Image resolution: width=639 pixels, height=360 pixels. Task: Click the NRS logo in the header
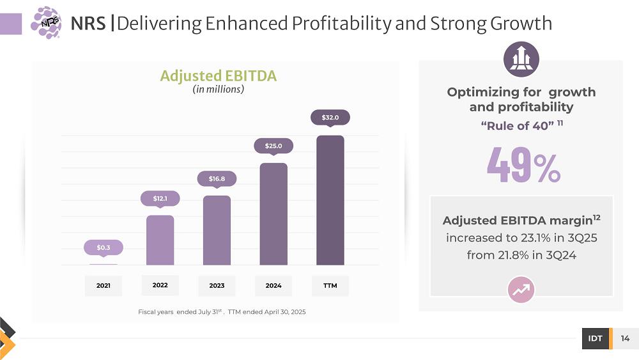coord(46,23)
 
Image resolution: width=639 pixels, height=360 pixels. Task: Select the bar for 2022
coord(160,240)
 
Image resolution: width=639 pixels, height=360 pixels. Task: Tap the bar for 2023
coord(217,230)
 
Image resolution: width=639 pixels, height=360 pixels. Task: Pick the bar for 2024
coord(273,214)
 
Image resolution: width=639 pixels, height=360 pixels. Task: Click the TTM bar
coord(330,200)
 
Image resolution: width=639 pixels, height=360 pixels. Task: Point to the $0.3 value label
coord(104,247)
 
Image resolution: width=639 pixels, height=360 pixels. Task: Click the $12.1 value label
coord(160,199)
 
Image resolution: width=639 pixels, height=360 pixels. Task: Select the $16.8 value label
coord(217,178)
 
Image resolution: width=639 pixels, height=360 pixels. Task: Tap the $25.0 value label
coord(273,146)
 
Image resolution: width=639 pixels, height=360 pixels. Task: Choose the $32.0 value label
coord(330,118)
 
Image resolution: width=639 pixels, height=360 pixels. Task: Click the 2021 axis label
coord(104,286)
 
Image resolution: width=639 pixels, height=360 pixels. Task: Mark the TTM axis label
coord(330,286)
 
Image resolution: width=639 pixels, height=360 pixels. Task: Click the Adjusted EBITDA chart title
coord(218,76)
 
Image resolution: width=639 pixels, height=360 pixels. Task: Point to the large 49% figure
coord(523,165)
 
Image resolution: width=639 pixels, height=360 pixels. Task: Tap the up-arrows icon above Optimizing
coord(521,59)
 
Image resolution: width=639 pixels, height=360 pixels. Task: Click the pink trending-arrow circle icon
coord(521,290)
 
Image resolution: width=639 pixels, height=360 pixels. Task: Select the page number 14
coord(625,338)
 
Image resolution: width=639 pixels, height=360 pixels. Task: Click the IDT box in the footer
coord(595,338)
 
